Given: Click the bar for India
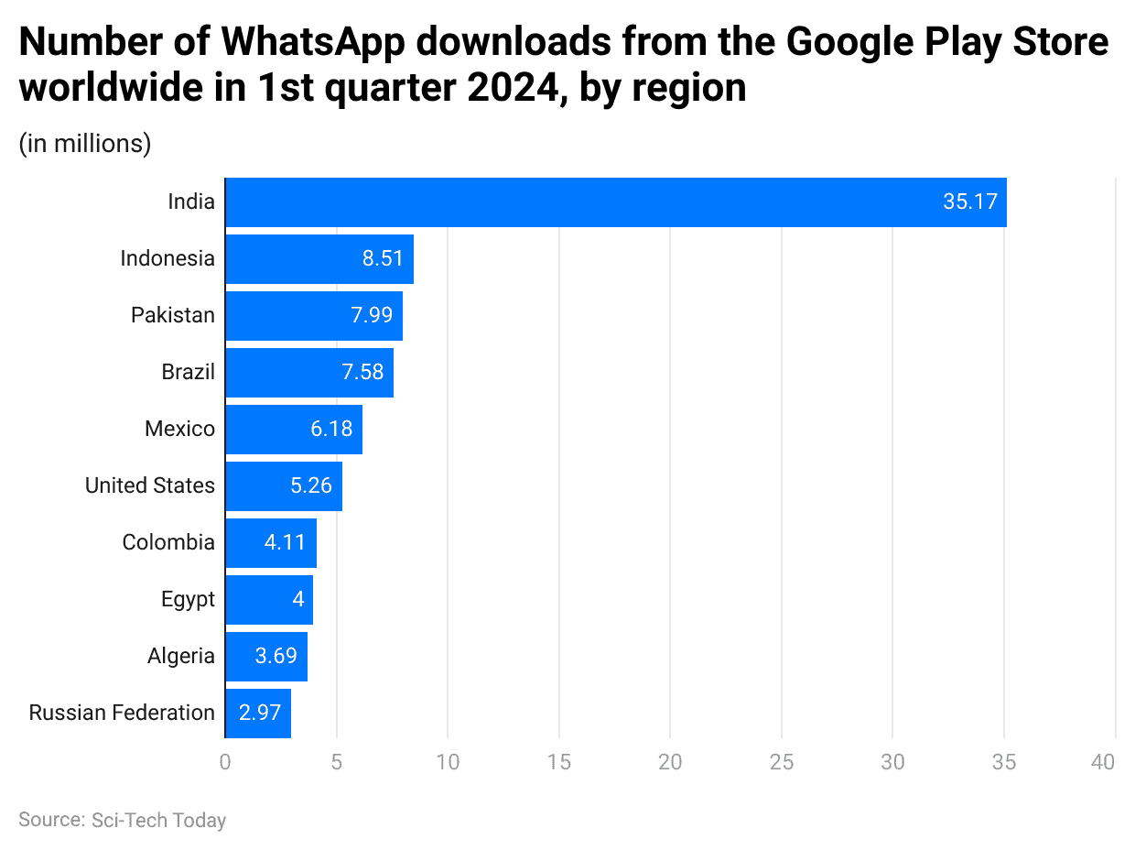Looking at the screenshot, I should (x=615, y=202).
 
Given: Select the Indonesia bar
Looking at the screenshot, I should (x=319, y=259).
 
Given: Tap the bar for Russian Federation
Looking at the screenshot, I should (x=257, y=714).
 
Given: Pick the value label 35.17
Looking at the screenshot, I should (x=969, y=202).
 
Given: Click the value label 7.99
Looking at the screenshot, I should (x=372, y=316).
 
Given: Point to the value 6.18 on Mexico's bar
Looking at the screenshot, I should (x=331, y=430).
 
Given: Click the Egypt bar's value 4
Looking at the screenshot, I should (x=297, y=600).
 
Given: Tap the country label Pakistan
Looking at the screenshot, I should (x=173, y=316).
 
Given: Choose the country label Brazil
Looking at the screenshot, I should (x=188, y=373).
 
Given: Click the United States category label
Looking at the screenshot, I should (x=150, y=486).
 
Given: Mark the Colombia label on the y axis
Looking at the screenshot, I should (x=168, y=543).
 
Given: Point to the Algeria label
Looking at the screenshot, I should (x=181, y=657).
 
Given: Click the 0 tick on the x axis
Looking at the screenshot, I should (x=225, y=762).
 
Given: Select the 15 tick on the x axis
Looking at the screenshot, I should (x=558, y=762).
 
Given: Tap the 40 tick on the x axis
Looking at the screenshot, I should (x=1104, y=762).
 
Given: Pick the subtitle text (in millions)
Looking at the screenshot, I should (x=85, y=144).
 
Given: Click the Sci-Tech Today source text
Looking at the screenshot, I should (x=158, y=821).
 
